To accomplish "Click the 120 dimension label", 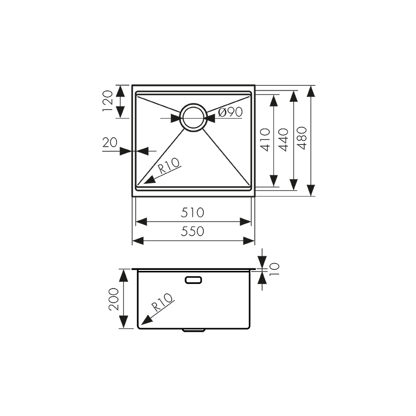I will [108, 101].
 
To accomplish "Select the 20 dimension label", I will [110, 142].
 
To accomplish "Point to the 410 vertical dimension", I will [265, 139].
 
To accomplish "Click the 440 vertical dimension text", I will [284, 139].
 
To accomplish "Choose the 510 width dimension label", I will [192, 212].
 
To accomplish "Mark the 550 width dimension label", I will [192, 231].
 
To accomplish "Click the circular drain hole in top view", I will [193, 118].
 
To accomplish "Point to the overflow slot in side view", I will [193, 280].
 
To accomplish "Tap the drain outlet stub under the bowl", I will [193, 330].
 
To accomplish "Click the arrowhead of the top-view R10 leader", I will [147, 181].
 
